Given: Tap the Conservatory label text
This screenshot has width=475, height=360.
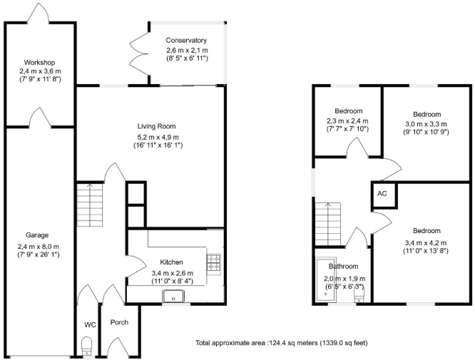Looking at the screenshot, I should [x=186, y=41].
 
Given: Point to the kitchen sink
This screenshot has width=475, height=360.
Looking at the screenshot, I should [x=173, y=296].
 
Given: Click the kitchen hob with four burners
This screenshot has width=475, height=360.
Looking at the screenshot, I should [x=213, y=262].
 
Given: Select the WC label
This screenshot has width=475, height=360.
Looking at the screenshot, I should [x=90, y=325].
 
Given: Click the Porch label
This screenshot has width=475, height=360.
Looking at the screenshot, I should [x=119, y=322].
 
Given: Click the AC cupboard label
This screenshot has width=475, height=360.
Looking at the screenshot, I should [x=382, y=193].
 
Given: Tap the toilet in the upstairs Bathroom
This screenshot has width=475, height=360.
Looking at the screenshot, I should [x=359, y=295].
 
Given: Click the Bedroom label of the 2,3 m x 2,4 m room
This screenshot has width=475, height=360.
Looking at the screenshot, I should [x=349, y=110].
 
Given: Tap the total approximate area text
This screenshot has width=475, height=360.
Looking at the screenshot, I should [x=282, y=344].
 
